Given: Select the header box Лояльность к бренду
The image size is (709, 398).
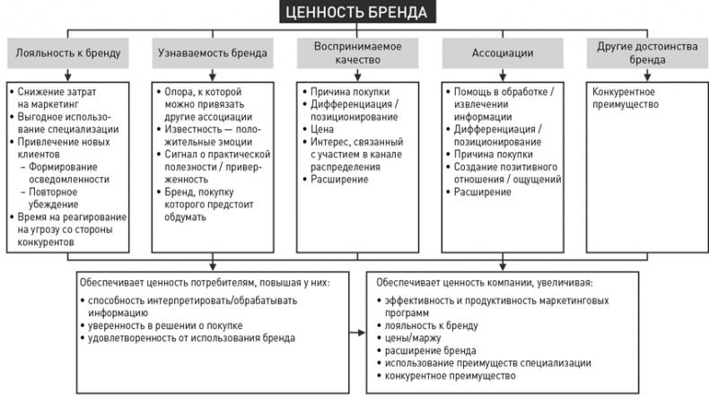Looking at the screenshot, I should pyautogui.click(x=67, y=53).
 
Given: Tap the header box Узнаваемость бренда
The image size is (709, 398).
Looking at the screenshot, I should pyautogui.click(x=211, y=53).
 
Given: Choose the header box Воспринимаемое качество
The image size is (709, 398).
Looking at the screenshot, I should pyautogui.click(x=356, y=53).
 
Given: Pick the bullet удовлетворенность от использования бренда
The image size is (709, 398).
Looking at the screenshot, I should pyautogui.click(x=192, y=338).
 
